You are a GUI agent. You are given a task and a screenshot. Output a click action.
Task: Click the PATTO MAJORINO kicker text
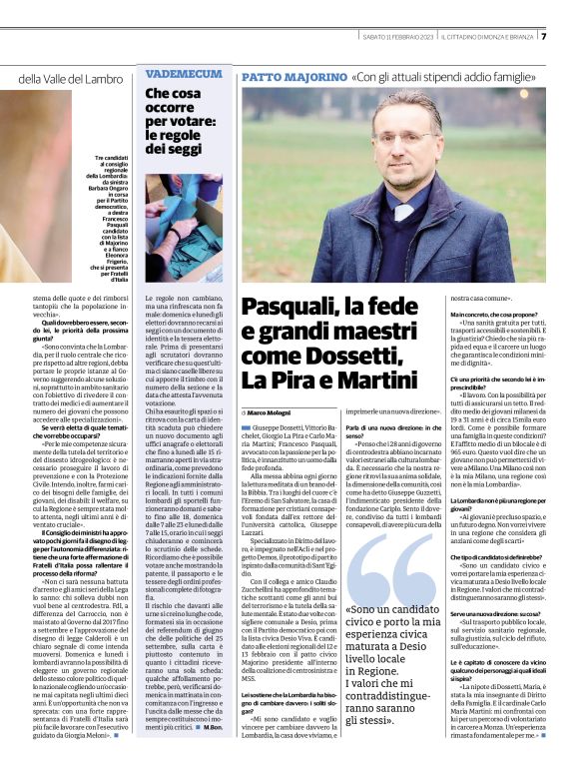[292, 77]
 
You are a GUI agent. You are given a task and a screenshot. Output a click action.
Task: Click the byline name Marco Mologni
[271, 411]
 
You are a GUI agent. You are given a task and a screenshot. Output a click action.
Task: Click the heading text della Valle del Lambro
[69, 79]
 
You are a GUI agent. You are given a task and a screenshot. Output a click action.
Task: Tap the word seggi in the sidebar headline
[184, 149]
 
